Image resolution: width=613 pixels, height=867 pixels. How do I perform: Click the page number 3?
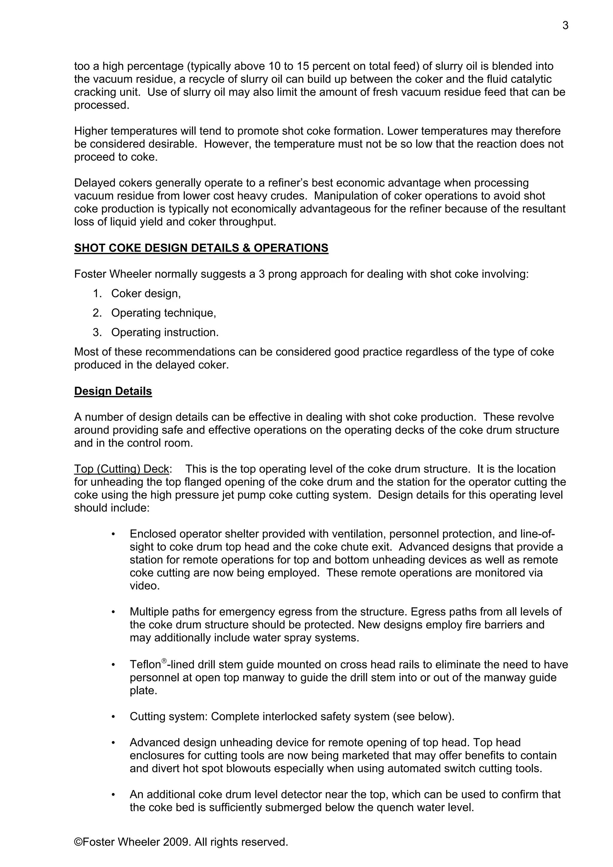565,26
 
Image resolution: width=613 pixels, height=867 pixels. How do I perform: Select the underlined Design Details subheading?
113,391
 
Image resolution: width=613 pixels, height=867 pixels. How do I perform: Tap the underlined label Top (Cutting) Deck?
121,469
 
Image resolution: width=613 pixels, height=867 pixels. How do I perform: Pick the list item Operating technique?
163,313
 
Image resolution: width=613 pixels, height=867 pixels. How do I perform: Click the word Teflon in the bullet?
145,665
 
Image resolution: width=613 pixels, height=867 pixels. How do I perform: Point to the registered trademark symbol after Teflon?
164,661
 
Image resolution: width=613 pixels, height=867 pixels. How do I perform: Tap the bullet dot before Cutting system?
113,717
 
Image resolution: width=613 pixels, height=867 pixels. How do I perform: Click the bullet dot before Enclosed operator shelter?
113,534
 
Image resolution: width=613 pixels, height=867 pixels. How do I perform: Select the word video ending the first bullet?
144,586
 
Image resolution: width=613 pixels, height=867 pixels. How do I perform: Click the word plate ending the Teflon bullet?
143,691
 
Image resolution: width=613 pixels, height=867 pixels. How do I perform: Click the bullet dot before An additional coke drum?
113,795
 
